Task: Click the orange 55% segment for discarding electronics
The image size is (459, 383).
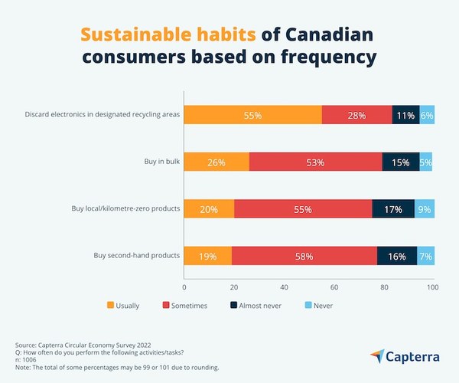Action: (252, 115)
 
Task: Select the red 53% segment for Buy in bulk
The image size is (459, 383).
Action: (315, 162)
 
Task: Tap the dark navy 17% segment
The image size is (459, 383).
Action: (393, 209)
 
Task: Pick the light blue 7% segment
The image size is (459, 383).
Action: (425, 256)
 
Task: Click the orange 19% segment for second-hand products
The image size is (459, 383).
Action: (207, 256)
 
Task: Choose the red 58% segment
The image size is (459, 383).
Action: (304, 256)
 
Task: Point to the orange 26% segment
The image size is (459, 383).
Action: (216, 162)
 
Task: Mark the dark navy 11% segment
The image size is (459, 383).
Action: (405, 115)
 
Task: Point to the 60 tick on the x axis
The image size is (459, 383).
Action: (334, 287)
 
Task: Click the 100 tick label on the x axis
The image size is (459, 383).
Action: (432, 287)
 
